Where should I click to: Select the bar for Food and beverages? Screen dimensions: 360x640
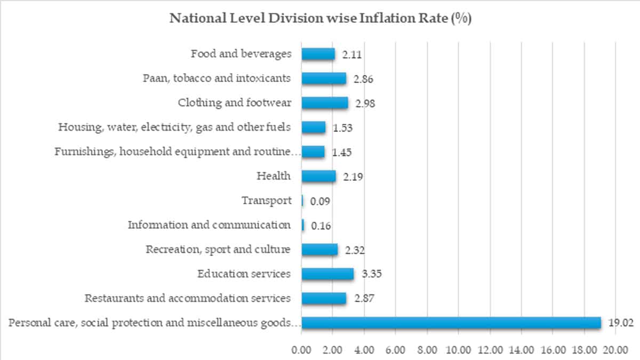coord(318,54)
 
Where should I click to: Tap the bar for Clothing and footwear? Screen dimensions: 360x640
coord(325,102)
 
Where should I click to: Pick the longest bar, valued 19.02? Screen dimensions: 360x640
coord(451,323)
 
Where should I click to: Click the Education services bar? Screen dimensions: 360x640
coord(327,274)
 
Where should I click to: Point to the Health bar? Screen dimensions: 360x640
coord(318,176)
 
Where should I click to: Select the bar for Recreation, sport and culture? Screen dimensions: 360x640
coord(319,250)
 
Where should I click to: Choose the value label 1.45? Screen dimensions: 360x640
coord(341,153)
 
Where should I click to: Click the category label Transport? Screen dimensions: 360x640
coord(267,201)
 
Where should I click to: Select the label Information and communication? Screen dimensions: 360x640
coord(209,225)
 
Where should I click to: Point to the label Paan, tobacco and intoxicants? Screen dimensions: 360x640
coord(217,78)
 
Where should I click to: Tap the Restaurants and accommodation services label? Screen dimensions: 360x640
coord(188,298)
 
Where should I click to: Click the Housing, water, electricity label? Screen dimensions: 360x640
coord(174,127)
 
